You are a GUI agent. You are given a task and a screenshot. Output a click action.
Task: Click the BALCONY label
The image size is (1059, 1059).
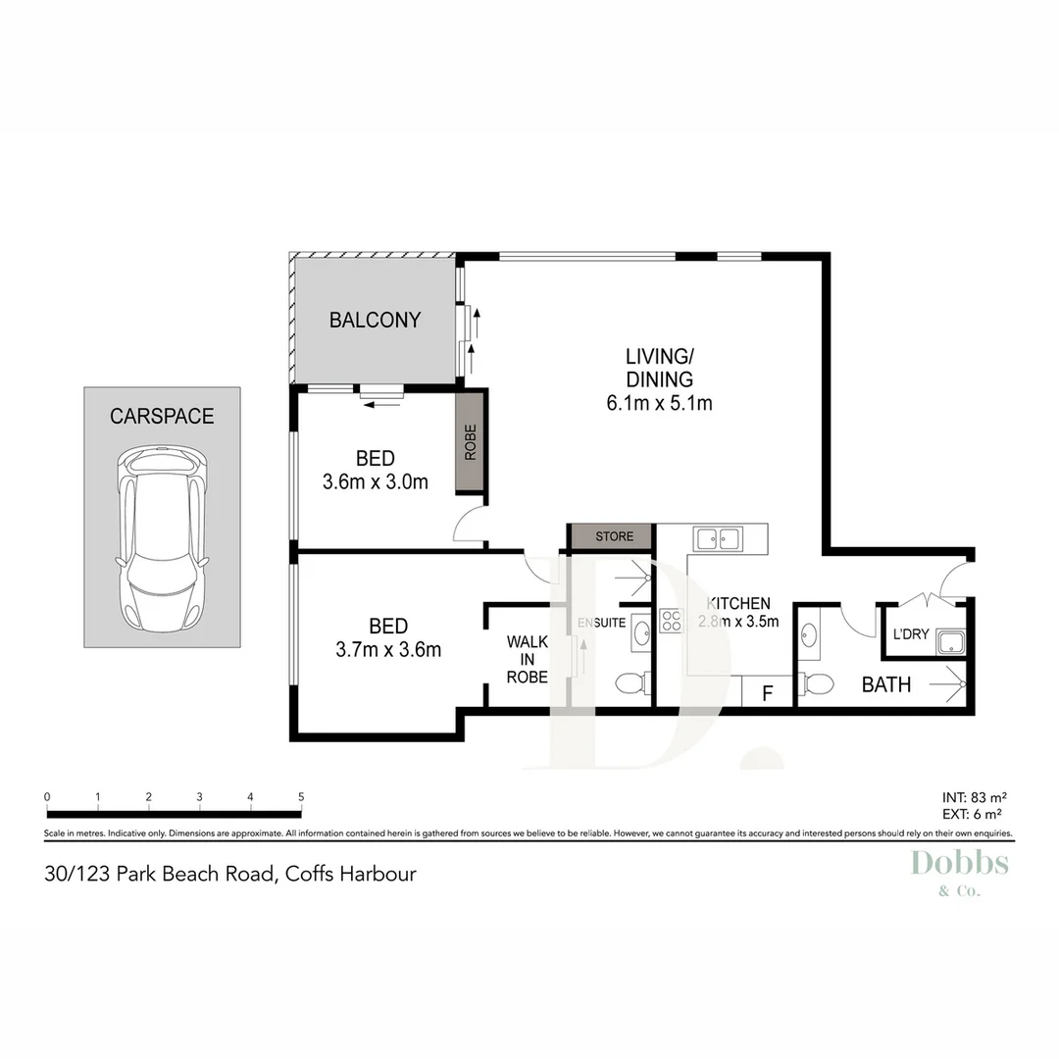coord(375,320)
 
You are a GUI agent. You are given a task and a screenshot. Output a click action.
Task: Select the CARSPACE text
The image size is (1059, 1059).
coord(162,416)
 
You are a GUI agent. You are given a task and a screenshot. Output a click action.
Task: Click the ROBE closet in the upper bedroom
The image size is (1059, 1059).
coord(471,441)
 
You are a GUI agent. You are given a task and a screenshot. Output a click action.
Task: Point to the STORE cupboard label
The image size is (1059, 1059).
coord(614,536)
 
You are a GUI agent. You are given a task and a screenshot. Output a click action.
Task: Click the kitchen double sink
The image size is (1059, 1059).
coord(718,538)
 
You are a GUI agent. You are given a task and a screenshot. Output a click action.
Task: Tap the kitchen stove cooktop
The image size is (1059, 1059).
coord(672,620)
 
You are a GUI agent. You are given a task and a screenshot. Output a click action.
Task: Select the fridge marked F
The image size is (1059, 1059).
coord(769,692)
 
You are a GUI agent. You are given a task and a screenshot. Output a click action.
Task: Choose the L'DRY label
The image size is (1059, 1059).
coord(910,634)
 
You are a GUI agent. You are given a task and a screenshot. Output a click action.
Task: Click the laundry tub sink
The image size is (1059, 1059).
coord(949,643)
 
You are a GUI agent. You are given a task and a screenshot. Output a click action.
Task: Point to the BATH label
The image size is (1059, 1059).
coord(885,684)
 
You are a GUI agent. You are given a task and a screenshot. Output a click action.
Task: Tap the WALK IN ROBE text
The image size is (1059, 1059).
coord(527,659)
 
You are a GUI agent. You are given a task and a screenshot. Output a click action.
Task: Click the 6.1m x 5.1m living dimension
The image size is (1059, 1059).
coord(659,402)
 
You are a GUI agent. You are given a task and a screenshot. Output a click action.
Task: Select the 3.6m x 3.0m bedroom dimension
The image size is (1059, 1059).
coord(375,481)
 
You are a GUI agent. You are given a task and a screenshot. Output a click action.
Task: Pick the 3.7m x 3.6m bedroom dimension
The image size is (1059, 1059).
coord(389,649)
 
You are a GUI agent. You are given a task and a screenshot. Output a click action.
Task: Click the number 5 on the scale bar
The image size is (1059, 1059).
coord(301,796)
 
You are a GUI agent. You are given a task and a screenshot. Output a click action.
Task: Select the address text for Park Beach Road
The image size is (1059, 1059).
coord(230,873)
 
